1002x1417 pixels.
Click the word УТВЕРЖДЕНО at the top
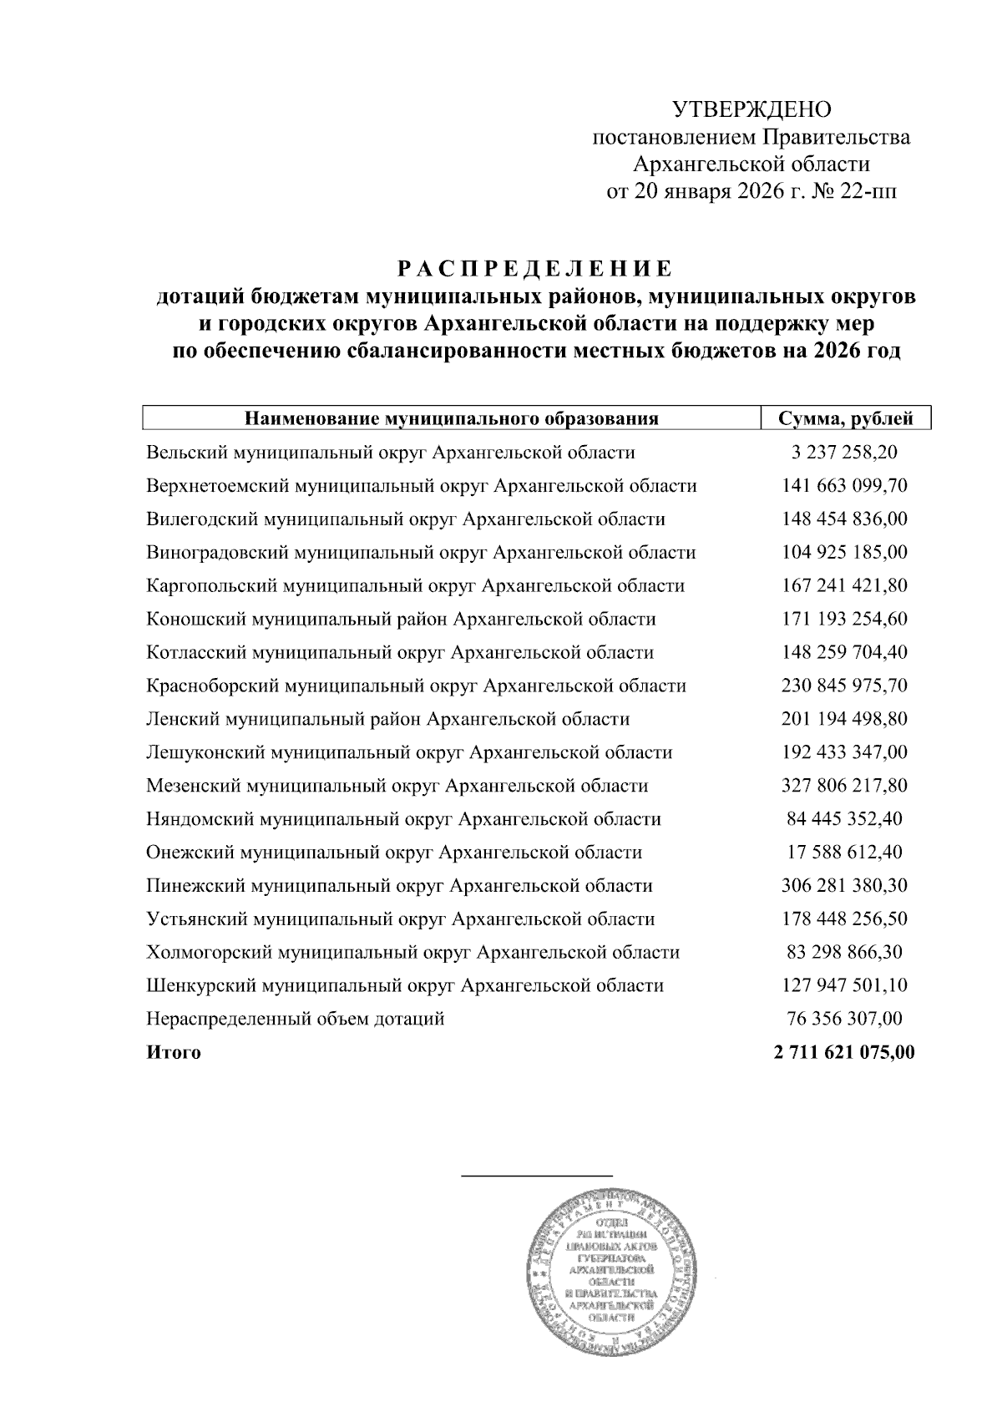[752, 109]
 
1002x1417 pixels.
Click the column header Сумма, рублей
[844, 418]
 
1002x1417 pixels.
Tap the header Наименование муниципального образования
[451, 418]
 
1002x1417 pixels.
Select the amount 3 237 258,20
[844, 453]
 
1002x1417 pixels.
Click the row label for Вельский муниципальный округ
[390, 453]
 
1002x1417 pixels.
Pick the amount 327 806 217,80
[844, 786]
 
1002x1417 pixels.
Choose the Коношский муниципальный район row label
[401, 620]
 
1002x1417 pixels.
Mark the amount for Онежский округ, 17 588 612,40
[844, 853]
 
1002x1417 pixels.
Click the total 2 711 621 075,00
[844, 1053]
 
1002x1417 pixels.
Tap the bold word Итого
[174, 1053]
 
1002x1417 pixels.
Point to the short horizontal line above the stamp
[537, 1175]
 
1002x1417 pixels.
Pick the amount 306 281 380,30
[844, 885]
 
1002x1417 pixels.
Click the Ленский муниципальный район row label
[387, 719]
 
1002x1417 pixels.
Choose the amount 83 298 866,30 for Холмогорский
[844, 952]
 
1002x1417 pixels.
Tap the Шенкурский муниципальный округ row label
[405, 985]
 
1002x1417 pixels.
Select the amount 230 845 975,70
[844, 686]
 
